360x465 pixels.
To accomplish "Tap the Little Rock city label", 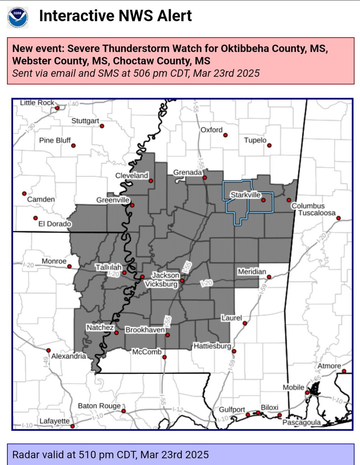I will click(x=38, y=103).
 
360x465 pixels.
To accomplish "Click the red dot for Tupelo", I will click(x=269, y=146).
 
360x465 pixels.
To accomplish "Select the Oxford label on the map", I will click(x=212, y=130).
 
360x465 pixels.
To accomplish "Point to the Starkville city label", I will click(x=245, y=195).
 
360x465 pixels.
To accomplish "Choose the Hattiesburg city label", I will click(x=213, y=346).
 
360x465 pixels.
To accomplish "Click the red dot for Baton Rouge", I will click(x=124, y=411).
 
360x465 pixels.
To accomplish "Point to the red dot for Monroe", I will click(x=69, y=267).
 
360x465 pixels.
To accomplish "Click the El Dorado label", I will click(x=55, y=224).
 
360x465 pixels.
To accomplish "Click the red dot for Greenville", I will click(x=132, y=205).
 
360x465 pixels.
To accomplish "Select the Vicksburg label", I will click(x=161, y=284).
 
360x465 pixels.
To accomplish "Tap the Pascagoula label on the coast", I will click(x=302, y=422).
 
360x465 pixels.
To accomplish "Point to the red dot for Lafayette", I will click(x=72, y=426).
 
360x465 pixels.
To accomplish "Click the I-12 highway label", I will click(x=178, y=410).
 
